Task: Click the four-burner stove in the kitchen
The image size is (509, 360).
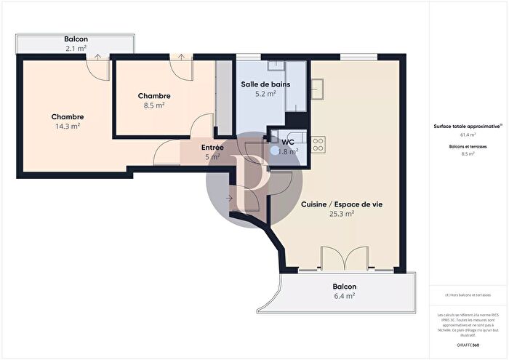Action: [x=318, y=143]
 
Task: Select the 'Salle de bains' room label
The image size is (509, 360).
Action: [x=265, y=84]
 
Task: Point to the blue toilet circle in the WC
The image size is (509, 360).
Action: [x=274, y=151]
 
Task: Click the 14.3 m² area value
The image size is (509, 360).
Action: [x=67, y=126]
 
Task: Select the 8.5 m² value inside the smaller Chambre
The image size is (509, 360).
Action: [x=154, y=105]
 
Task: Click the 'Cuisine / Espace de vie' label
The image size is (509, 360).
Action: [x=332, y=204]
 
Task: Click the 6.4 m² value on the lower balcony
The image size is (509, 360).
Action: [x=344, y=296]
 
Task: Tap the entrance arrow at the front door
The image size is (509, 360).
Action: [x=230, y=197]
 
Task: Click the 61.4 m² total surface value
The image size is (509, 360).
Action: [x=468, y=135]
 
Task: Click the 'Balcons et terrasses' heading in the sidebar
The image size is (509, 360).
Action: [x=468, y=146]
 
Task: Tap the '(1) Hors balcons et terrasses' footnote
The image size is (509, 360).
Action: [x=468, y=295]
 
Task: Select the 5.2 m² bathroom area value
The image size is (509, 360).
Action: [x=265, y=93]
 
